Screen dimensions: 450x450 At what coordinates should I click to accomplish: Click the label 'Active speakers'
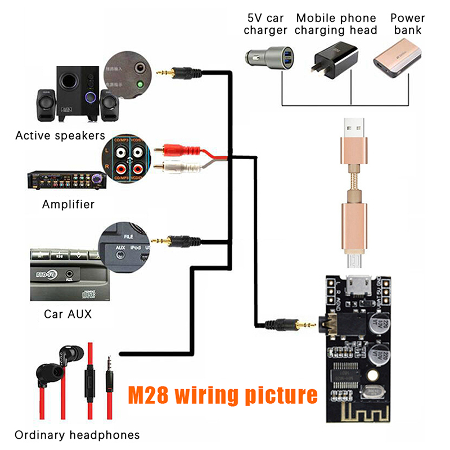point(60,136)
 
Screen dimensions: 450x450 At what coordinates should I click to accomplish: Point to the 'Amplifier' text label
point(68,204)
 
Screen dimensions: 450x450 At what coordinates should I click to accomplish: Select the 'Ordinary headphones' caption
point(77,435)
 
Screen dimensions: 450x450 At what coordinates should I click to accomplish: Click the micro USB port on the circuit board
point(355,284)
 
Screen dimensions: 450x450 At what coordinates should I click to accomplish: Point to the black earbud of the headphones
point(46,372)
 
